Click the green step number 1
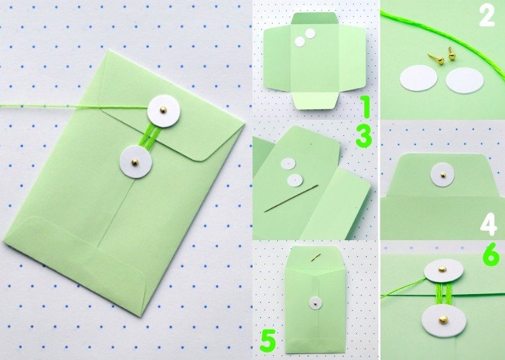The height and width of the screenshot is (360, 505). tap(365, 106)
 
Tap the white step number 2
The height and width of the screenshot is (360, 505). tap(487, 15)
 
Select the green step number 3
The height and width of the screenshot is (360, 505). tap(364, 137)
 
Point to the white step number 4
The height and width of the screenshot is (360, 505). tap(489, 225)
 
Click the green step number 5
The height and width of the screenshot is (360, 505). tap(268, 340)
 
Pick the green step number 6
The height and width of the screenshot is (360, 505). tap(491, 256)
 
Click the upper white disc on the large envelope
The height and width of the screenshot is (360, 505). tap(164, 111)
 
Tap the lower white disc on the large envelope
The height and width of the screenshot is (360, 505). tap(135, 161)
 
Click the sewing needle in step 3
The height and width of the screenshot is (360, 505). tap(291, 199)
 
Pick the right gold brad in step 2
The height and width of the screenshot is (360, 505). tap(452, 54)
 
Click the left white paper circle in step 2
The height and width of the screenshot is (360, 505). tap(418, 78)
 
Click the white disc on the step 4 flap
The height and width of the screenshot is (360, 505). tap(442, 175)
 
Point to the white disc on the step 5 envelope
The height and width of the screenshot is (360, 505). tap(316, 303)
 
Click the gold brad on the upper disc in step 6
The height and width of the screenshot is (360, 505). tap(442, 268)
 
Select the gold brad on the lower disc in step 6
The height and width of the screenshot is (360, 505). tap(443, 320)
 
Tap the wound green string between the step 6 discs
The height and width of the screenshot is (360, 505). tap(443, 294)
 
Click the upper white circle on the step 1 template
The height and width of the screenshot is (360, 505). tap(310, 34)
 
